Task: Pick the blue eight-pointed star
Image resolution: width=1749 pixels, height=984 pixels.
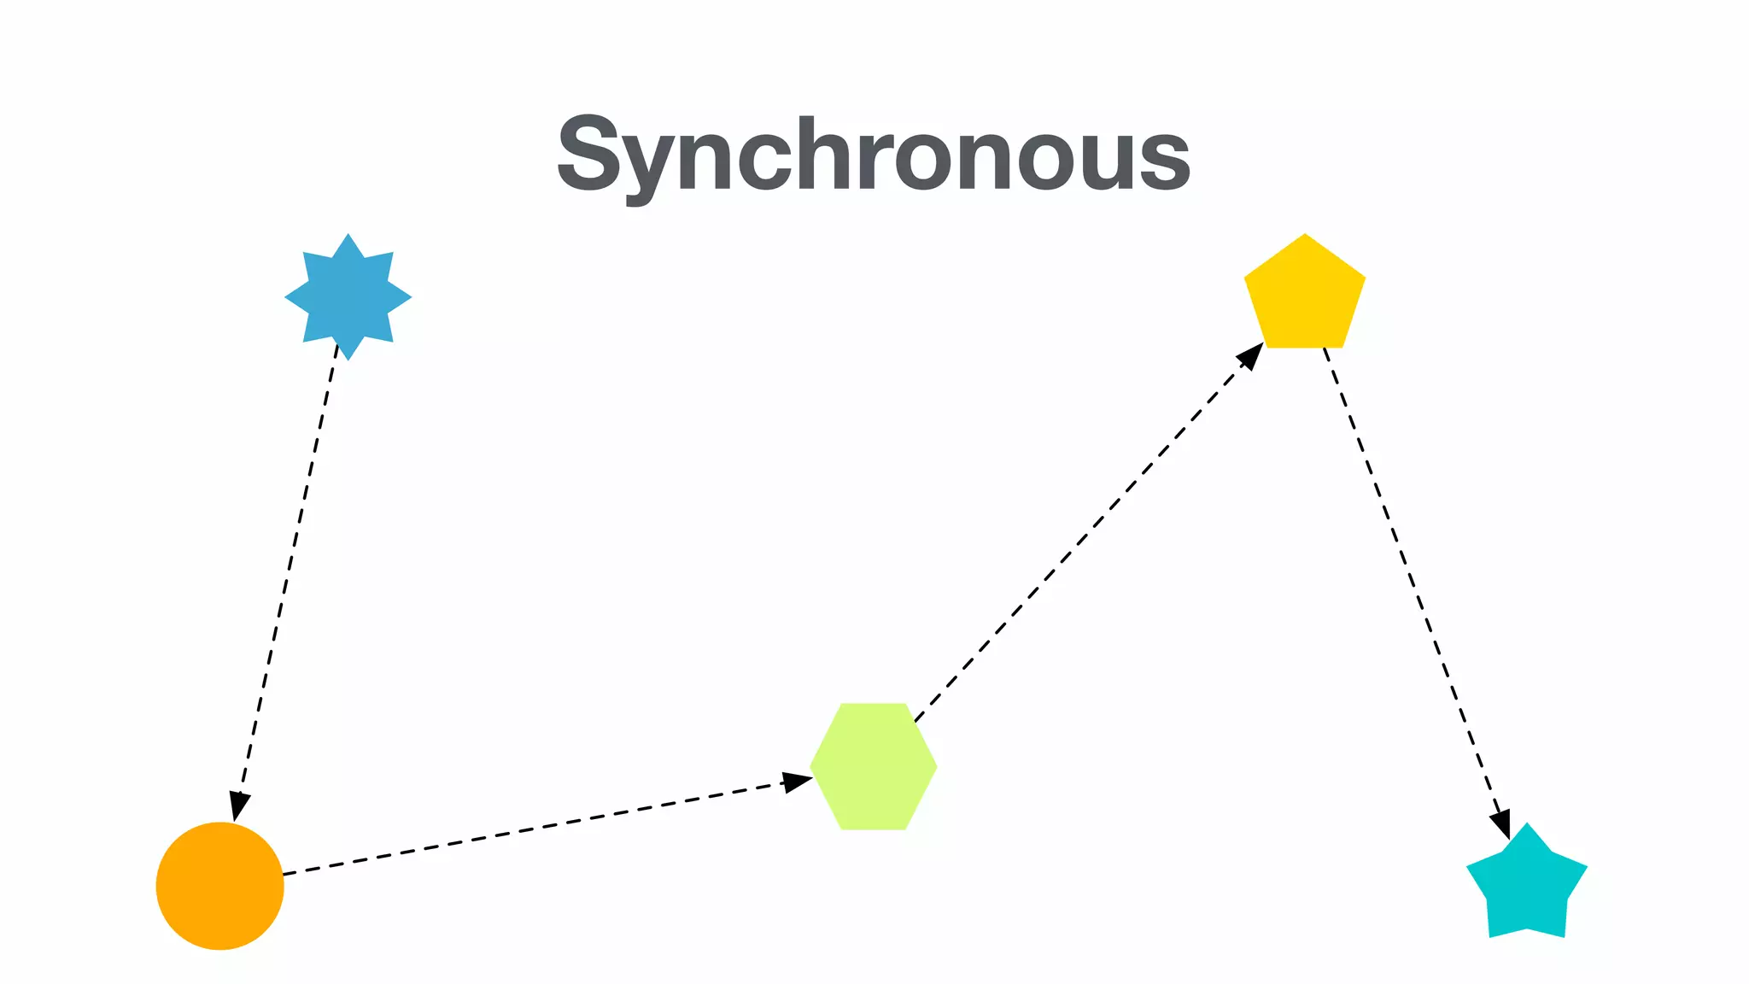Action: coord(348,297)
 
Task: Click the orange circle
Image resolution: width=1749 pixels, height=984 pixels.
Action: coord(219,886)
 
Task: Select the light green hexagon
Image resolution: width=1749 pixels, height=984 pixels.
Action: coord(874,766)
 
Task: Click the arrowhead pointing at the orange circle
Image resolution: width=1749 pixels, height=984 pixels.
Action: coord(239,806)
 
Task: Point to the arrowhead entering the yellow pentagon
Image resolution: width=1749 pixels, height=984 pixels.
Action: coord(1251,355)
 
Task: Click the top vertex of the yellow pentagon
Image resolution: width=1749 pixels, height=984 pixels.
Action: coord(1305,235)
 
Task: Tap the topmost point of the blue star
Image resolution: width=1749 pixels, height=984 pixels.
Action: coord(348,235)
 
